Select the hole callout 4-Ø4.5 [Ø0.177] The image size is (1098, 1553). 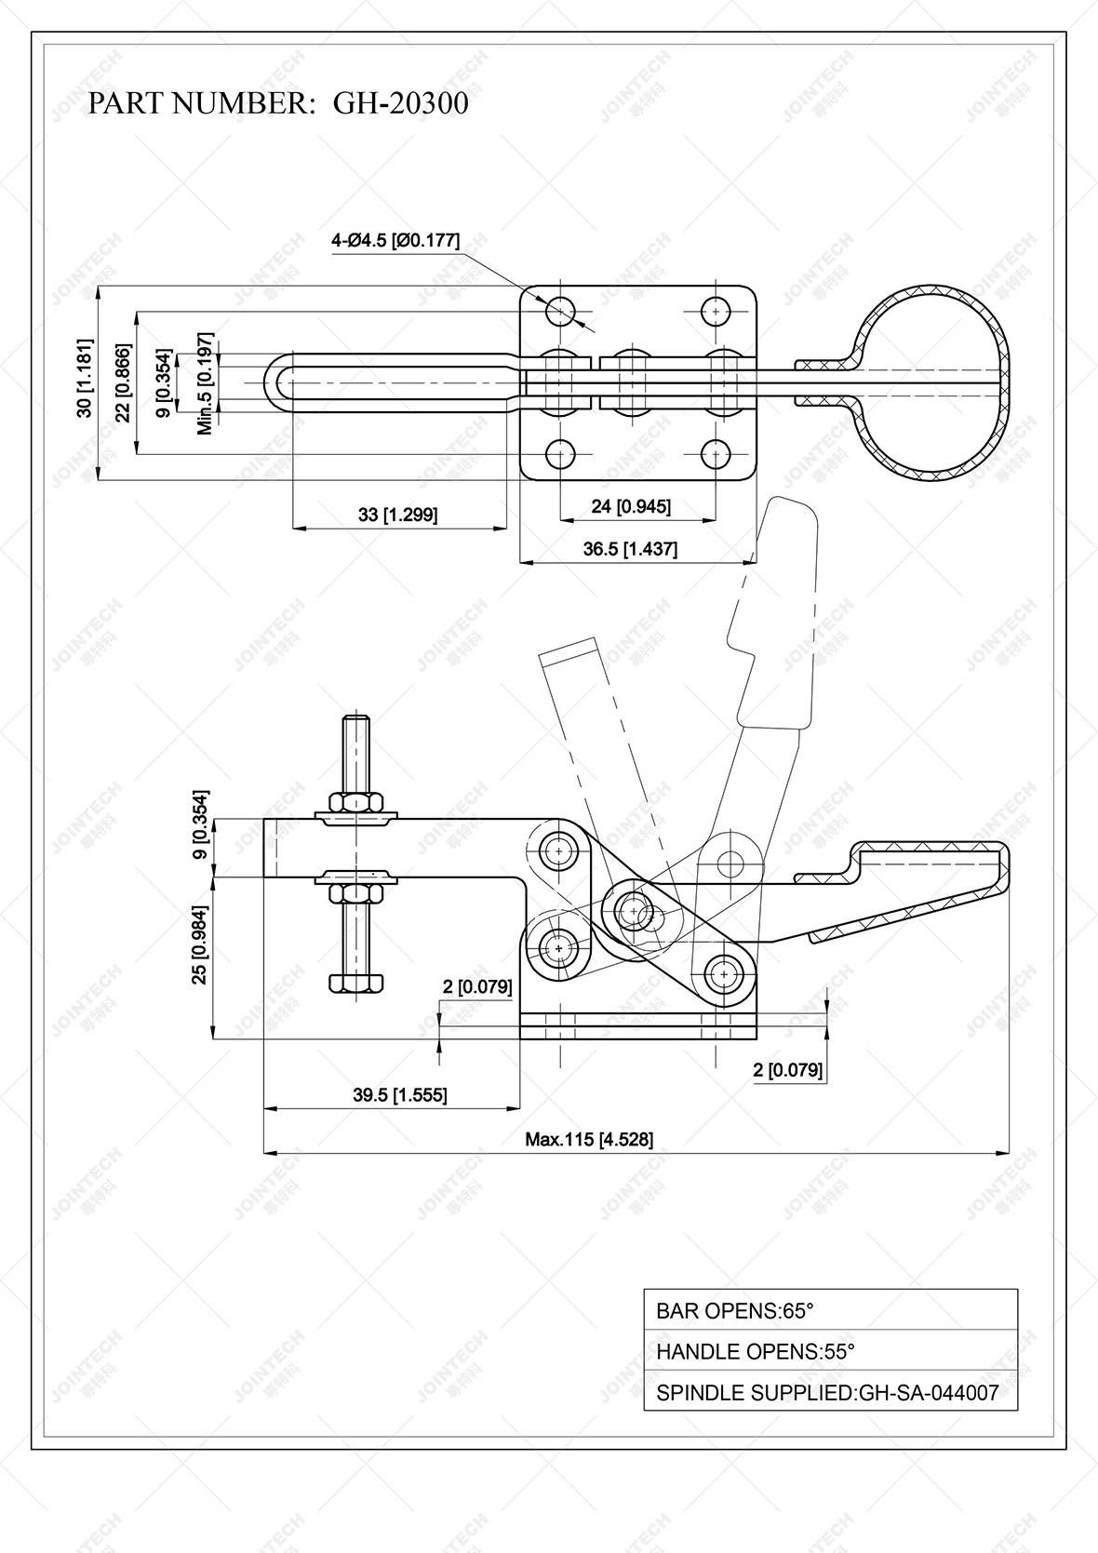[395, 240]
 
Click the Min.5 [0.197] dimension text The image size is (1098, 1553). [206, 383]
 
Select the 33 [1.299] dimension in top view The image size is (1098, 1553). [397, 515]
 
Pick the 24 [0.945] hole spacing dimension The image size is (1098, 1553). [631, 506]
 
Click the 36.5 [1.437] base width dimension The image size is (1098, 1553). [630, 549]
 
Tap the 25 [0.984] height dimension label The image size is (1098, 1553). [200, 958]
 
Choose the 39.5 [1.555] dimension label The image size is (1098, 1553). [399, 1094]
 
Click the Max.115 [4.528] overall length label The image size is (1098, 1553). [589, 1139]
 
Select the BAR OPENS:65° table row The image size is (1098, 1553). [830, 1310]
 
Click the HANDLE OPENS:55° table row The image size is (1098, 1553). [830, 1351]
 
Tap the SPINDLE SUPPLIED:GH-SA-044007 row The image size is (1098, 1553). [830, 1393]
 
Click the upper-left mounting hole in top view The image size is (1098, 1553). [561, 311]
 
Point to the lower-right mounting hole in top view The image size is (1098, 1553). [715, 455]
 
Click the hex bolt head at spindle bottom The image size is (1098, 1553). [356, 983]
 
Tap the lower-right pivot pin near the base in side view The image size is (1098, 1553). [722, 974]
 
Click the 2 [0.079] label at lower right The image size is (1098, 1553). [788, 1070]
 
